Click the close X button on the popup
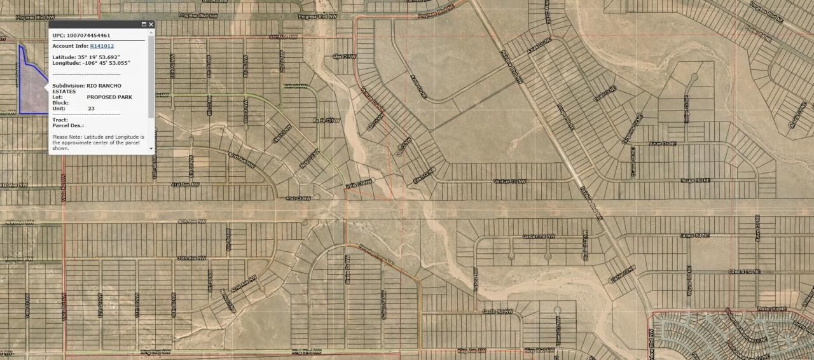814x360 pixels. coord(151,25)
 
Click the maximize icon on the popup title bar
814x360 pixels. coord(144,25)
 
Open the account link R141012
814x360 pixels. coord(102,46)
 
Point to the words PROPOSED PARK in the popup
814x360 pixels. coord(109,97)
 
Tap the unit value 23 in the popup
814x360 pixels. coord(91,109)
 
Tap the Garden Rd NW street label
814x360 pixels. coord(539,236)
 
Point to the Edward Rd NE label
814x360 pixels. coord(745,272)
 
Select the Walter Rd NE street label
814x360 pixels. coord(771,308)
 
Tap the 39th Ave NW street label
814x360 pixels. coord(191,258)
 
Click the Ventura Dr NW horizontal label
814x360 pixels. coord(510,181)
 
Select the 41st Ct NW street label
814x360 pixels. coord(298,198)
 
